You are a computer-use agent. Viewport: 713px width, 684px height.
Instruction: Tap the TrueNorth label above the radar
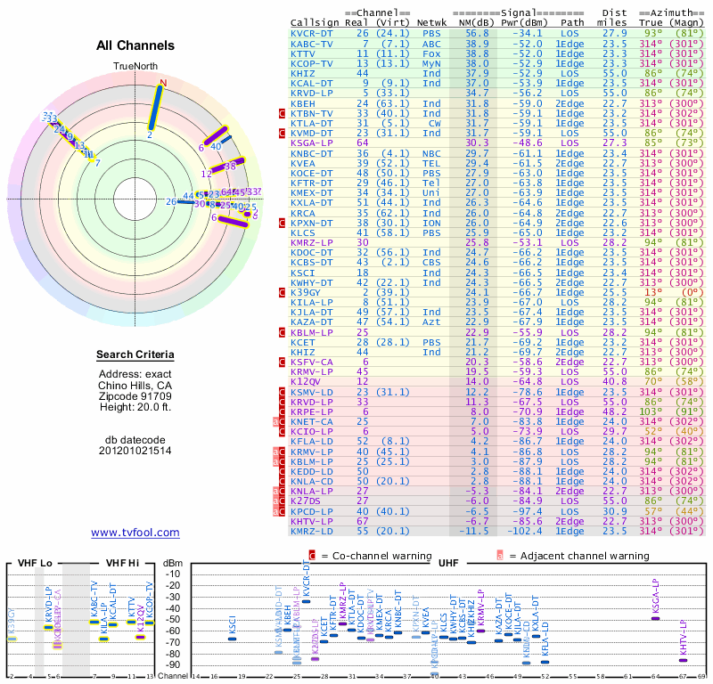point(135,67)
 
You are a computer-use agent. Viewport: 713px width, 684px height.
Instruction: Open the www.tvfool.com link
point(135,533)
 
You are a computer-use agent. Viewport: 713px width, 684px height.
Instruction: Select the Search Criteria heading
point(135,355)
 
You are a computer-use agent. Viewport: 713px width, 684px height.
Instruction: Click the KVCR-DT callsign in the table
point(312,33)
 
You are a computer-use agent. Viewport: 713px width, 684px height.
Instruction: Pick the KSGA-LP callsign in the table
point(312,142)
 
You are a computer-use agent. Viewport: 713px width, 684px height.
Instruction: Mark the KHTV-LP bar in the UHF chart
point(684,660)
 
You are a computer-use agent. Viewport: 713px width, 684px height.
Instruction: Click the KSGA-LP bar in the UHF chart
point(655,618)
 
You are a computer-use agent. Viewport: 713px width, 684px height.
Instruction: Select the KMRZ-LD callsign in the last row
point(312,531)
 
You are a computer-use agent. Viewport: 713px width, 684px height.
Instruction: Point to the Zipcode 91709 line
point(135,395)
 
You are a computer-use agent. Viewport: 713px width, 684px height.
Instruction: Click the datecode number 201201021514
point(135,450)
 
